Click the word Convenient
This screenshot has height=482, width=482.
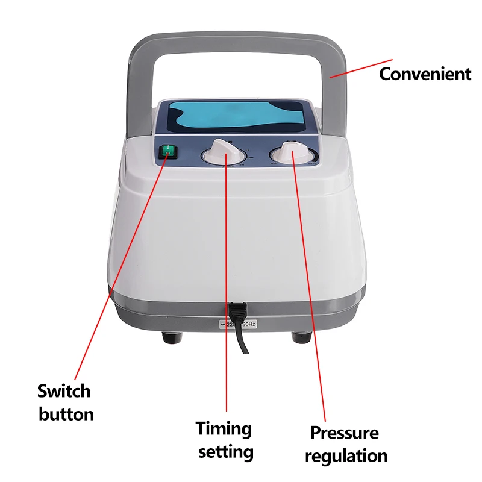click(x=425, y=74)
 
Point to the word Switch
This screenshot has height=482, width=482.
click(x=64, y=391)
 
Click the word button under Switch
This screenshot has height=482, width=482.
click(x=66, y=415)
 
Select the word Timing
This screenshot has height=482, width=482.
click(x=224, y=429)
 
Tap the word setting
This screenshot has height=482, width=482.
click(x=226, y=452)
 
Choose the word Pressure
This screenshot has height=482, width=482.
click(x=344, y=433)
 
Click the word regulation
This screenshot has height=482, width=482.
click(x=346, y=455)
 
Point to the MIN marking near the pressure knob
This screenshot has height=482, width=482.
click(x=273, y=163)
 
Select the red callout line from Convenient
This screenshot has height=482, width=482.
click(x=360, y=68)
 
